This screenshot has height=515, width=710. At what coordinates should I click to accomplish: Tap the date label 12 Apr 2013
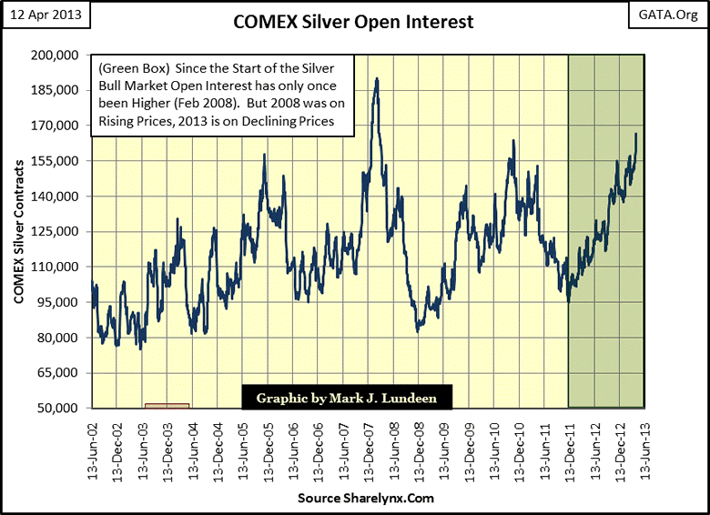tap(42, 15)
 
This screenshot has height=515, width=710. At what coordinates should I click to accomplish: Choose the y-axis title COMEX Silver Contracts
tap(19, 232)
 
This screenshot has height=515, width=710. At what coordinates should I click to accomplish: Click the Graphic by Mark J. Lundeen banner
tap(346, 398)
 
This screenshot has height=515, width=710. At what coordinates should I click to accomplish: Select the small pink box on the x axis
tap(167, 405)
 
